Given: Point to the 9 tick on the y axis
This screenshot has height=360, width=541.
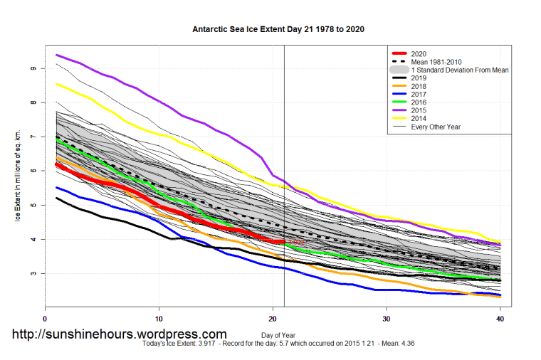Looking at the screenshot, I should (x=33, y=68).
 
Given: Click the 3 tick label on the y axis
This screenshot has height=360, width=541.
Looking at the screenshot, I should (x=33, y=273).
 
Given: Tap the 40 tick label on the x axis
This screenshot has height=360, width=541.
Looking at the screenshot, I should (x=500, y=318).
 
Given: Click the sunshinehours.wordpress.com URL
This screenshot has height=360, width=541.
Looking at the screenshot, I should (x=120, y=334).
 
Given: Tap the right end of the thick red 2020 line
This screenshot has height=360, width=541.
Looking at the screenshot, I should (x=284, y=242).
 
